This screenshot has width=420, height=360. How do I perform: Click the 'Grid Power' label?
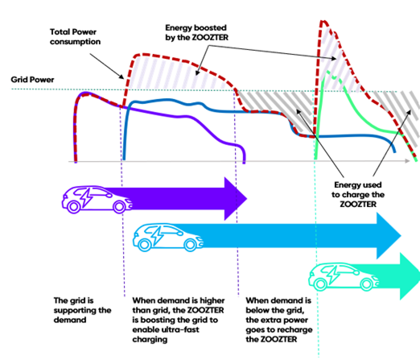tap(32, 80)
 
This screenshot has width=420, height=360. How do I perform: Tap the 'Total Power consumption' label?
tap(75, 37)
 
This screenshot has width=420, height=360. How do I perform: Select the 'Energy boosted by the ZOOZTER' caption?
tap(196, 32)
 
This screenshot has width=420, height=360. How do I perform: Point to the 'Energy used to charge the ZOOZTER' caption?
tap(358, 194)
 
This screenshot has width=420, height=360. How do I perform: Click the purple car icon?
tap(97, 200)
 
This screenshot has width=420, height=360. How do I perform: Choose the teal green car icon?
tap(344, 277)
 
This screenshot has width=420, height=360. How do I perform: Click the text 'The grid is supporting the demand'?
tap(82, 310)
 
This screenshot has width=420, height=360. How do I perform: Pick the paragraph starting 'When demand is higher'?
tap(179, 320)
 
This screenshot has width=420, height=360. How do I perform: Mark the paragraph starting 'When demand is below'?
tap(279, 320)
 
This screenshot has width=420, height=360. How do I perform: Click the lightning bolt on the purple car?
tap(87, 198)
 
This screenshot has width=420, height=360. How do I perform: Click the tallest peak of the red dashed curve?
tap(323, 21)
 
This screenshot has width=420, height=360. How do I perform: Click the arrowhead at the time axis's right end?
tap(407, 161)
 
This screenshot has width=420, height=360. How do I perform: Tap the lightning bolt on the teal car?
tap(333, 275)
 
